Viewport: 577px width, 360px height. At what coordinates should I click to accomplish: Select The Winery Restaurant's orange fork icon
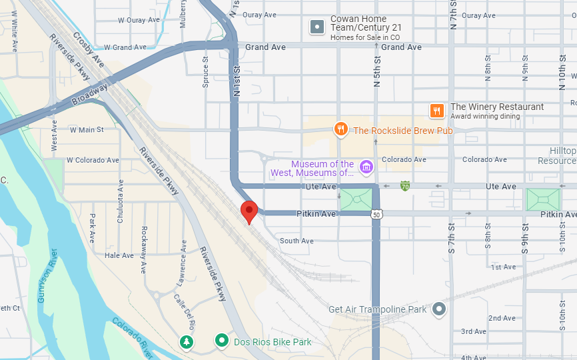437,111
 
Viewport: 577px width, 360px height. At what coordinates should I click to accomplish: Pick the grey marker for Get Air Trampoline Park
438,309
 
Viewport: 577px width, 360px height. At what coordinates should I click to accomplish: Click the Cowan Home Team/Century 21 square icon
318,27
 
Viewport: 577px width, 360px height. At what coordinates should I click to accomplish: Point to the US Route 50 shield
376,214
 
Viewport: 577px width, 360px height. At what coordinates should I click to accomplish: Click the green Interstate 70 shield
404,185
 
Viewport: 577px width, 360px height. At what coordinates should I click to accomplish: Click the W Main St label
87,130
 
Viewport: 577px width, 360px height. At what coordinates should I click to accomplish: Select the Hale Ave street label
119,255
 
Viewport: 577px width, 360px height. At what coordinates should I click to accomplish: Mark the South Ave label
296,241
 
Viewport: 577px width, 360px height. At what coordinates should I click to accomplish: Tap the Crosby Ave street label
89,49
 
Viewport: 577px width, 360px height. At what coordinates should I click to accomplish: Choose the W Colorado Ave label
92,160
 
